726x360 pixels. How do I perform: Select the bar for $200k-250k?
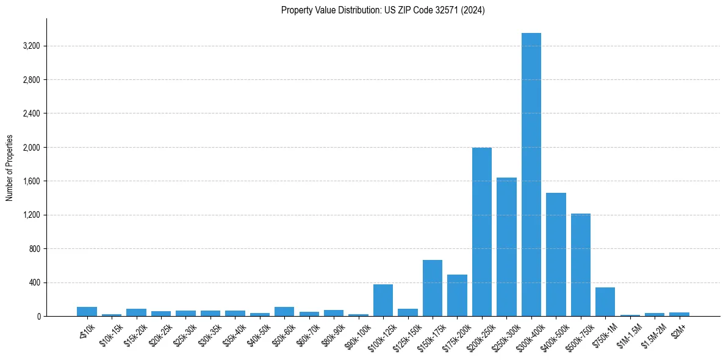click(x=482, y=232)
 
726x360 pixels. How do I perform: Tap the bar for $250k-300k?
click(x=506, y=247)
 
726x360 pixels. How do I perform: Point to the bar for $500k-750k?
click(x=581, y=265)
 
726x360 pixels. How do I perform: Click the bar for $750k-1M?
click(x=605, y=302)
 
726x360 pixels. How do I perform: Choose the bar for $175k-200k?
click(x=457, y=295)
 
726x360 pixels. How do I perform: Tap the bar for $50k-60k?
click(x=284, y=312)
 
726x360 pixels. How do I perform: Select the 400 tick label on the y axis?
click(x=34, y=283)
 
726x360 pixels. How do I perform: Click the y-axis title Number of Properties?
click(x=10, y=167)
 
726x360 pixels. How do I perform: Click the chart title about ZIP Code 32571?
click(x=383, y=10)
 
